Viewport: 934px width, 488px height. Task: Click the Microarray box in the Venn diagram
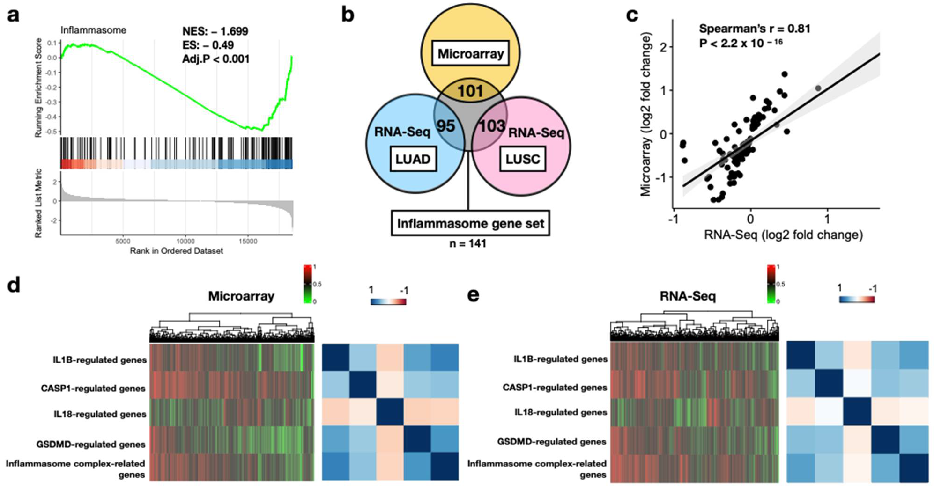(471, 54)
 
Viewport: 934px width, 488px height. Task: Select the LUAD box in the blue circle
(413, 159)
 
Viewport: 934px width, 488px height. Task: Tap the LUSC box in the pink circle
(523, 159)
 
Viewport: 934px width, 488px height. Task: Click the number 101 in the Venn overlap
(470, 91)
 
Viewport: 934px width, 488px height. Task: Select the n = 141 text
(468, 243)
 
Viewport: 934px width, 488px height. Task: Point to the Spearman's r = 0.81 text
(755, 29)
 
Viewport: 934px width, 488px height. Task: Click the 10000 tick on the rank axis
(185, 242)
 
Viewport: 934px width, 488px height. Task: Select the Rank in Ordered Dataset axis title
(177, 251)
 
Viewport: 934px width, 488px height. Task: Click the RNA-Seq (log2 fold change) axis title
(783, 235)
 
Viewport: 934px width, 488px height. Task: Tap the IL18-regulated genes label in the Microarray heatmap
(100, 414)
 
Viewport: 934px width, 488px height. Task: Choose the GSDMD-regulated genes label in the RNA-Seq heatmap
(552, 442)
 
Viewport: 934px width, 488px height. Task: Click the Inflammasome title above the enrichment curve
(93, 30)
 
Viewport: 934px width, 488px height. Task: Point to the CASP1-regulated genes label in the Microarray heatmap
(93, 388)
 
